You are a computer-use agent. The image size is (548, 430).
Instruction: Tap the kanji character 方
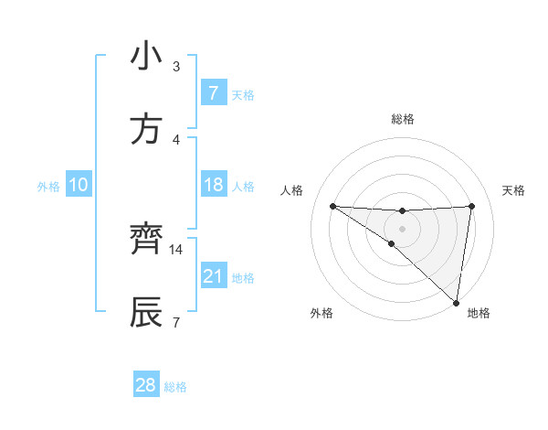[x=146, y=129]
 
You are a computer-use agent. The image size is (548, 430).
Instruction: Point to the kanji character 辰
[x=146, y=312]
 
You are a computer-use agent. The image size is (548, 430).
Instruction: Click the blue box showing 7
[x=213, y=93]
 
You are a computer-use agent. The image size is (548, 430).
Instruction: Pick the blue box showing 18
[x=213, y=185]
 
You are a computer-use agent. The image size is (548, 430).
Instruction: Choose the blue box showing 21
[x=213, y=275]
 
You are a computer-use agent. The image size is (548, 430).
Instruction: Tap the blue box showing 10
[x=78, y=185]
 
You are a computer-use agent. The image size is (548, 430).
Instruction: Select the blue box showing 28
[x=145, y=385]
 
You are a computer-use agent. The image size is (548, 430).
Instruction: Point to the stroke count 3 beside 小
[x=176, y=67]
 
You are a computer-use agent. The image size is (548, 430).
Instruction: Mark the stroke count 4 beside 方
[x=176, y=139]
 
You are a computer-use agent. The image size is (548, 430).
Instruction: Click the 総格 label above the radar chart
[x=403, y=119]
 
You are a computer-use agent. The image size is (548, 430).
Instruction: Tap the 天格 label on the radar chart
[x=514, y=190]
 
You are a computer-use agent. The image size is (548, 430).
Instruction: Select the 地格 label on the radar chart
[x=479, y=313]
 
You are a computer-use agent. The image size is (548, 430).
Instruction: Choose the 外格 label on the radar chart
[x=321, y=313]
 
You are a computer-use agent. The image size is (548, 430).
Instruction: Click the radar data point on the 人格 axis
[x=332, y=206]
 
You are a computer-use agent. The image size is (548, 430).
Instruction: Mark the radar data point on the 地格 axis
[x=457, y=302]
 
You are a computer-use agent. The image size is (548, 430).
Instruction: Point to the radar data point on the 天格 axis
[x=471, y=206]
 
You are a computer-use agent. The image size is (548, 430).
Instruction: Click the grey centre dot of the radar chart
[x=402, y=228]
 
